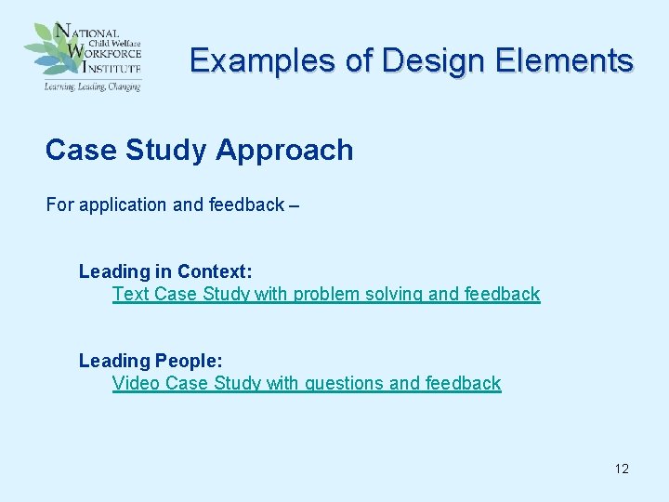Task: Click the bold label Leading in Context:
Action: (165, 271)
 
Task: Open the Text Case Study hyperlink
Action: (325, 294)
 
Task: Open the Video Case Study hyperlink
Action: (306, 383)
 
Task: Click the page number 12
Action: (622, 469)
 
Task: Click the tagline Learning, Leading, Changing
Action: (91, 86)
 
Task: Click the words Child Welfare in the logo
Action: (109, 42)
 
